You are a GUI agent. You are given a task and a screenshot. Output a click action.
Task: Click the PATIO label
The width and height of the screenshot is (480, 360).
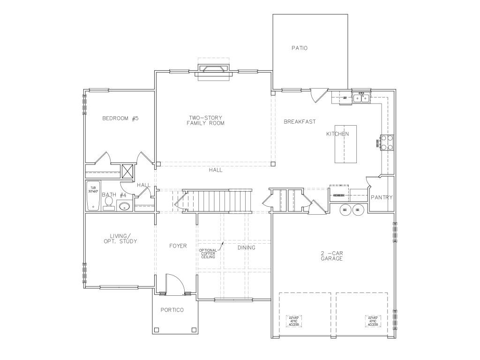click(299, 48)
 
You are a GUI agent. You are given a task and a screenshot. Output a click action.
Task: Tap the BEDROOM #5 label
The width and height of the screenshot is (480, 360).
click(120, 119)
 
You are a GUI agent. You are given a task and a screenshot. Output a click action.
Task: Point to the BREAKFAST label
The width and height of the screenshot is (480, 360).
click(300, 122)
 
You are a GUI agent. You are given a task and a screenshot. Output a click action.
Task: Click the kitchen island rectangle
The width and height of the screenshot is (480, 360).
click(345, 144)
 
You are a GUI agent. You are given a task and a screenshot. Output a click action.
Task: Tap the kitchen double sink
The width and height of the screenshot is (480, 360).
click(362, 98)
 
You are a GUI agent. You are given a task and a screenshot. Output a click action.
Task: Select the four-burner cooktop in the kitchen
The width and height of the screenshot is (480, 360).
click(386, 142)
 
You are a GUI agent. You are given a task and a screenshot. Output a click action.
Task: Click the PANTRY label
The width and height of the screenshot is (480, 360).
click(382, 197)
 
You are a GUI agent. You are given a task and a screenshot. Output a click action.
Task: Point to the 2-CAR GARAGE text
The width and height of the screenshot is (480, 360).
click(332, 256)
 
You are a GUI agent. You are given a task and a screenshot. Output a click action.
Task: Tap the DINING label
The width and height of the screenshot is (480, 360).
click(246, 247)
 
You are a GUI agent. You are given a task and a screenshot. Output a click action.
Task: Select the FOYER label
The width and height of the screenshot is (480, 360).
click(178, 246)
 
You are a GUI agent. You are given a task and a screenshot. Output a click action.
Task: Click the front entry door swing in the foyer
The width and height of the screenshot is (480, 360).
click(174, 283)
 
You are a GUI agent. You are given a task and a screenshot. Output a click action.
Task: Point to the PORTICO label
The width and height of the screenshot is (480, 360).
click(172, 310)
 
